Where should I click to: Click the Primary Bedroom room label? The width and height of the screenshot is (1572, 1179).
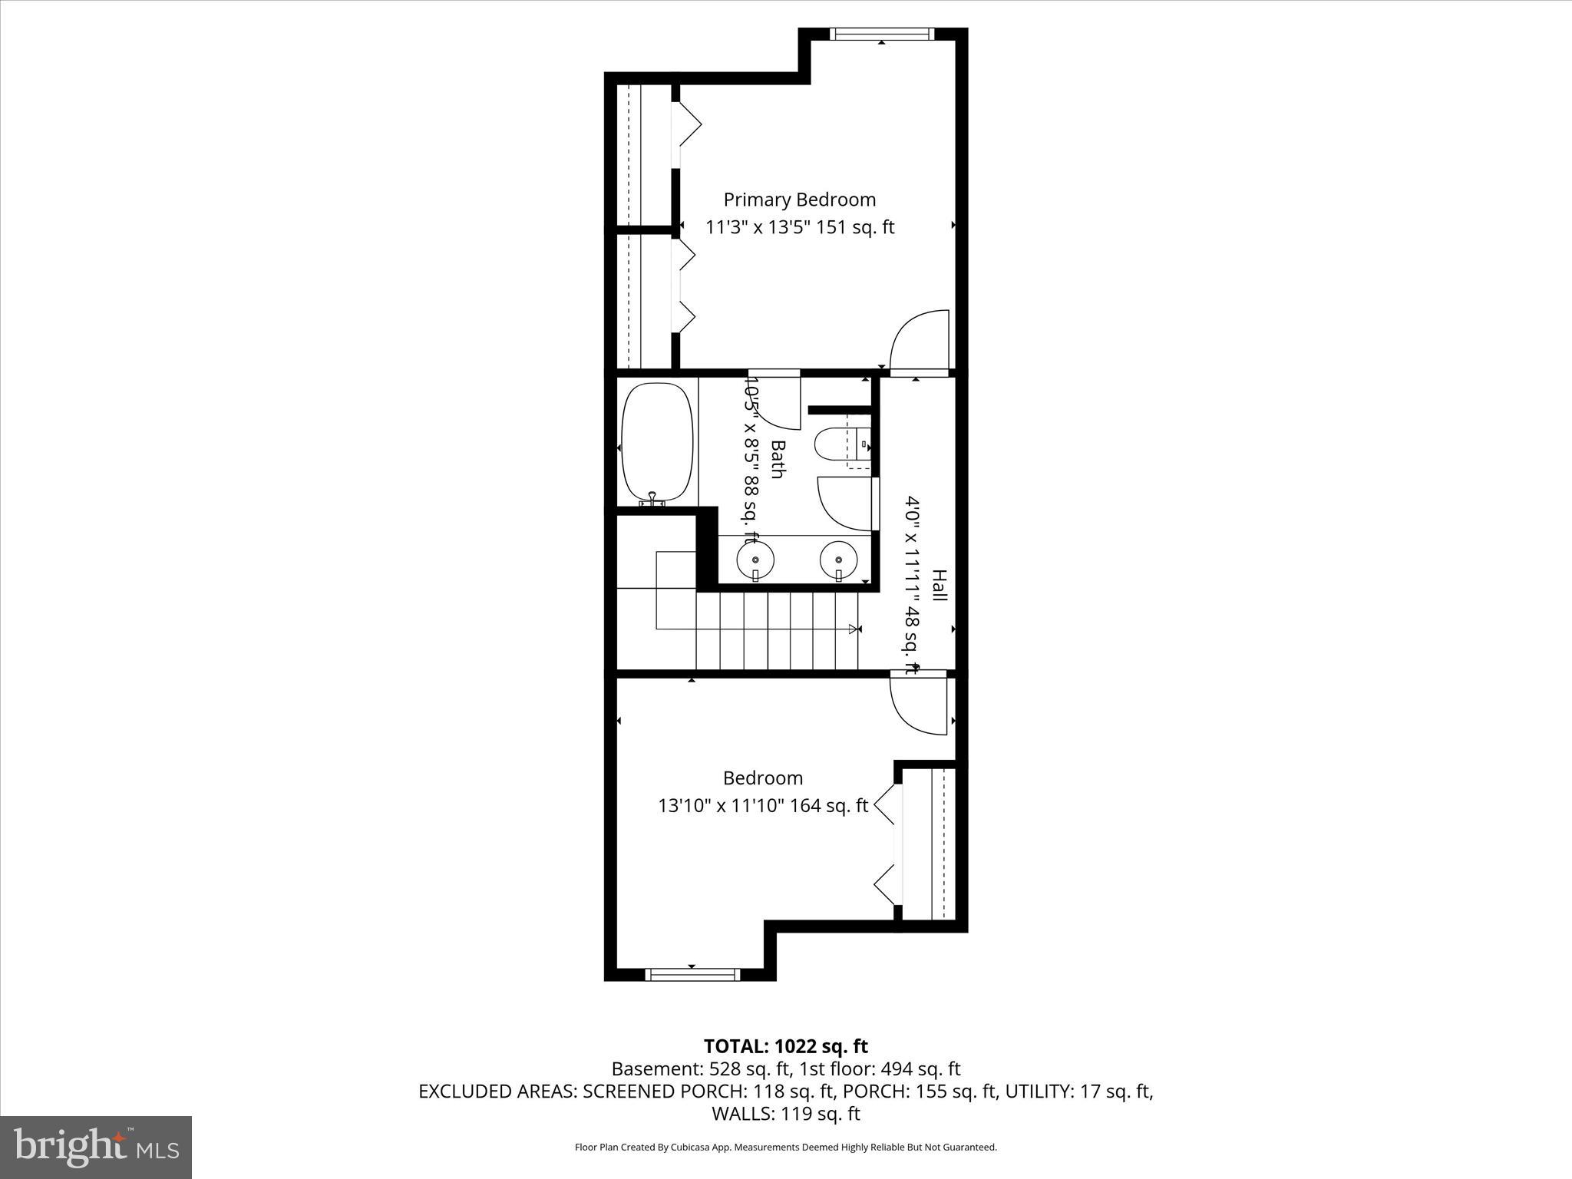(x=799, y=200)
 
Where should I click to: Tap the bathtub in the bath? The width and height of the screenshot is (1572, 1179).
(x=657, y=444)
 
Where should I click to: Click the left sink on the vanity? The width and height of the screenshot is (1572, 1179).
(x=755, y=560)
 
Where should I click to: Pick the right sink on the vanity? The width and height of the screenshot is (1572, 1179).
(x=838, y=560)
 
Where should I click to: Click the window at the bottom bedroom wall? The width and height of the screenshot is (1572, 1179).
(x=692, y=974)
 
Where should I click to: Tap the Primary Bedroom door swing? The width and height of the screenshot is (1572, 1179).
(x=918, y=342)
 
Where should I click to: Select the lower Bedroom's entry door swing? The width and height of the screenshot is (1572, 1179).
(x=918, y=705)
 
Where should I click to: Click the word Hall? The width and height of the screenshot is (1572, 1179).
(x=939, y=585)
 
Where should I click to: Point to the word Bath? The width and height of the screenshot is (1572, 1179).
(x=777, y=459)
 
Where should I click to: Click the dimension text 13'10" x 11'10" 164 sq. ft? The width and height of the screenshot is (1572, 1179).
(x=763, y=806)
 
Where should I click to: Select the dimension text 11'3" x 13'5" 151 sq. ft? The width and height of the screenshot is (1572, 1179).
(x=800, y=227)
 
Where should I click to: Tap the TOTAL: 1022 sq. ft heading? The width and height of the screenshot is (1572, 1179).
(x=785, y=1046)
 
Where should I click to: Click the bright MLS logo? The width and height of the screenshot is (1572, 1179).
(x=96, y=1147)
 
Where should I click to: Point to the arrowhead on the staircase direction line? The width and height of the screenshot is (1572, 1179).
(x=854, y=629)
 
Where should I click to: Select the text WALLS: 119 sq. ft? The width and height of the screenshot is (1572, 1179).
(x=785, y=1114)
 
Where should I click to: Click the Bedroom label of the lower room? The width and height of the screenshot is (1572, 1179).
(x=763, y=778)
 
